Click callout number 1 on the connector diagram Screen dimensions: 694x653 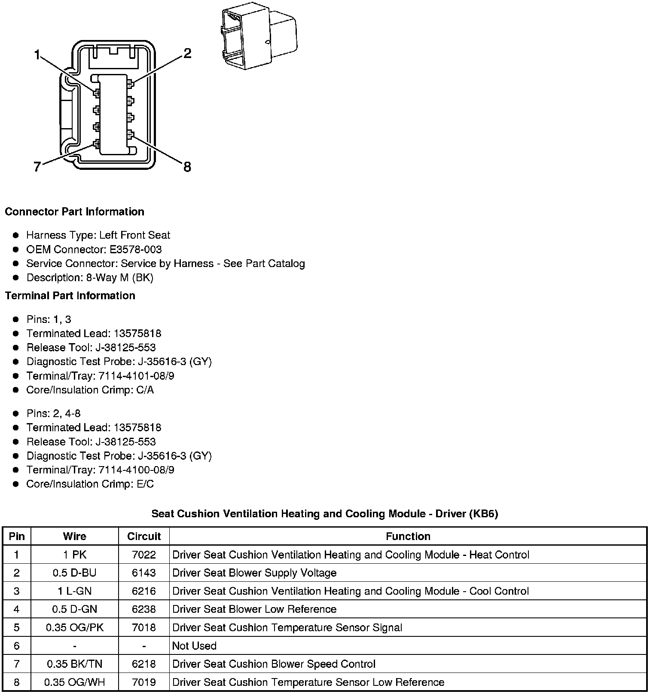[37, 55]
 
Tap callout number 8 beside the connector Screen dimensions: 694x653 [187, 167]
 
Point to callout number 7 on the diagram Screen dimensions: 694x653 [37, 167]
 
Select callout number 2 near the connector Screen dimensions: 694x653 [187, 54]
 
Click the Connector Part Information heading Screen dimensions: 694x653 [74, 212]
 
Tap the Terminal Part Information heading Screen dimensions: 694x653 [70, 295]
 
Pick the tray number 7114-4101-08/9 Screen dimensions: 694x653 [137, 376]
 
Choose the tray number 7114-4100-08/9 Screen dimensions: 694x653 [137, 470]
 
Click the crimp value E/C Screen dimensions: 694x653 [145, 484]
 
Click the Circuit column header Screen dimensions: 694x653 [144, 536]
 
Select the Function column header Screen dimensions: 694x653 [408, 536]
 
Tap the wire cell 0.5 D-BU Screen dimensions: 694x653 [75, 573]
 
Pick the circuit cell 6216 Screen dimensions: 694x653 [144, 591]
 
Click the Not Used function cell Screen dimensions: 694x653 [194, 646]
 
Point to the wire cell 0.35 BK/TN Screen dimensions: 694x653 [75, 664]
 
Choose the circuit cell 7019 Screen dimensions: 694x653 [144, 682]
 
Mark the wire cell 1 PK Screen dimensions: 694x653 [75, 555]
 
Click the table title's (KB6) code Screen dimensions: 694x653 [483, 513]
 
